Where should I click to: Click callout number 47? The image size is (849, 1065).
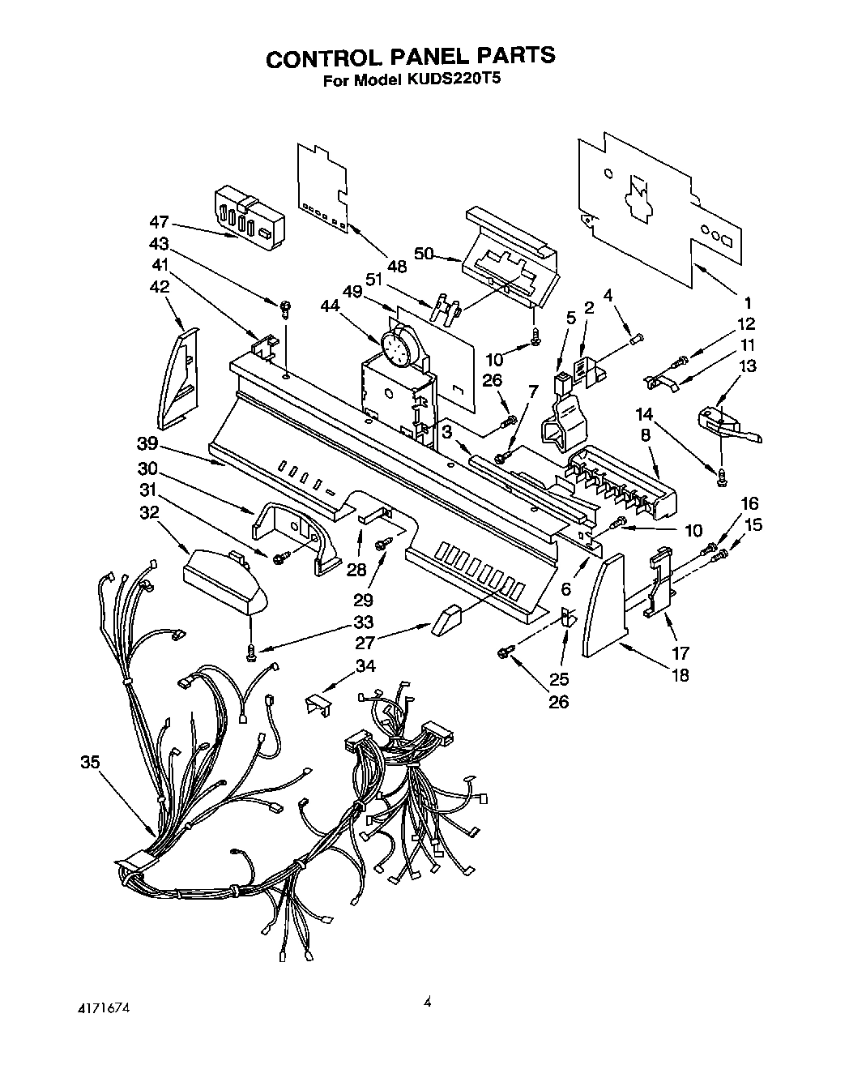pos(160,221)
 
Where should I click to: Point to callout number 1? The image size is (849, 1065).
pos(747,302)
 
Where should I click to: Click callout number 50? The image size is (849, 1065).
pos(422,253)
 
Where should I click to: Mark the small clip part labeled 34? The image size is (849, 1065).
pos(319,702)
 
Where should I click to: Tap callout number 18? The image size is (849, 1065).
pos(680,674)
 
